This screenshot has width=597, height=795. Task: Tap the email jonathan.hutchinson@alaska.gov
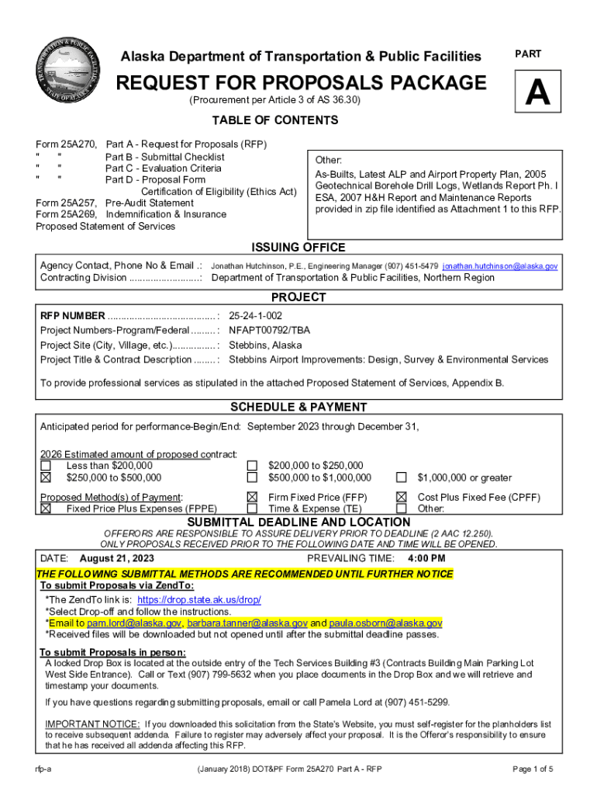click(x=500, y=266)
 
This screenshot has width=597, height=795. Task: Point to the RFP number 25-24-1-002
click(x=255, y=316)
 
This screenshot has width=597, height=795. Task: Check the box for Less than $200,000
click(x=46, y=466)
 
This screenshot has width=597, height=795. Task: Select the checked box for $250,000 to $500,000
click(x=46, y=477)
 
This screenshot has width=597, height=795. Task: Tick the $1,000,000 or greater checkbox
click(x=402, y=477)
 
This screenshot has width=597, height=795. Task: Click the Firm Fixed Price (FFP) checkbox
click(x=252, y=497)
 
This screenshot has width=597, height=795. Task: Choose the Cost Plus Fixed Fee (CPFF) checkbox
click(x=402, y=497)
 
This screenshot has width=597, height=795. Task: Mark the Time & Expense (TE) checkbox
click(x=252, y=509)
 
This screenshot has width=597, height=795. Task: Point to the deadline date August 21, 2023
click(x=116, y=558)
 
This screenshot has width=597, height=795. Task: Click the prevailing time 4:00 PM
click(x=426, y=558)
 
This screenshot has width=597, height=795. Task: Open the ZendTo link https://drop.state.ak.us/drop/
click(x=198, y=600)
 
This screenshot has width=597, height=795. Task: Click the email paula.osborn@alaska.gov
click(x=385, y=623)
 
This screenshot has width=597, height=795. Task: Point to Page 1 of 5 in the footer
click(x=533, y=769)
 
